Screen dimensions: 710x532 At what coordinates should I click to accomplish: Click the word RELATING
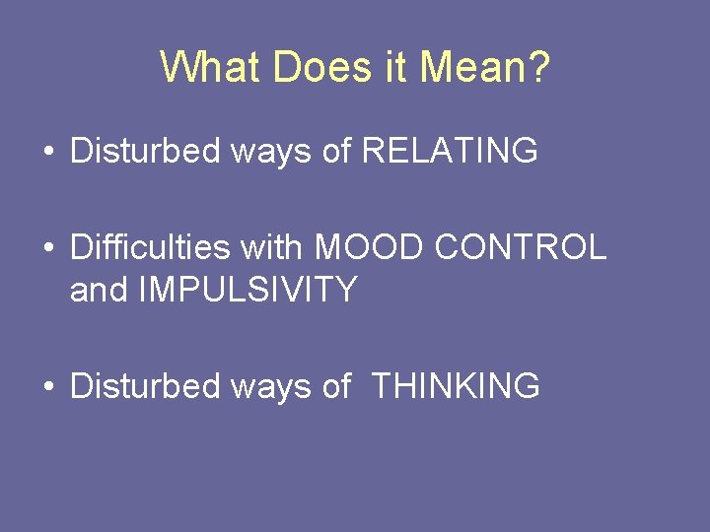[x=450, y=151]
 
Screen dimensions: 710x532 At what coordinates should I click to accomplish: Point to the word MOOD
[x=370, y=247]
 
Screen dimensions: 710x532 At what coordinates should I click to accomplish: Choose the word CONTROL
[x=521, y=247]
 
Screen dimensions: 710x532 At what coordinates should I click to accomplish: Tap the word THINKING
[x=456, y=386]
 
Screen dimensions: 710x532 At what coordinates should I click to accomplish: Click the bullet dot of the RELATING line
[x=49, y=153]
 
